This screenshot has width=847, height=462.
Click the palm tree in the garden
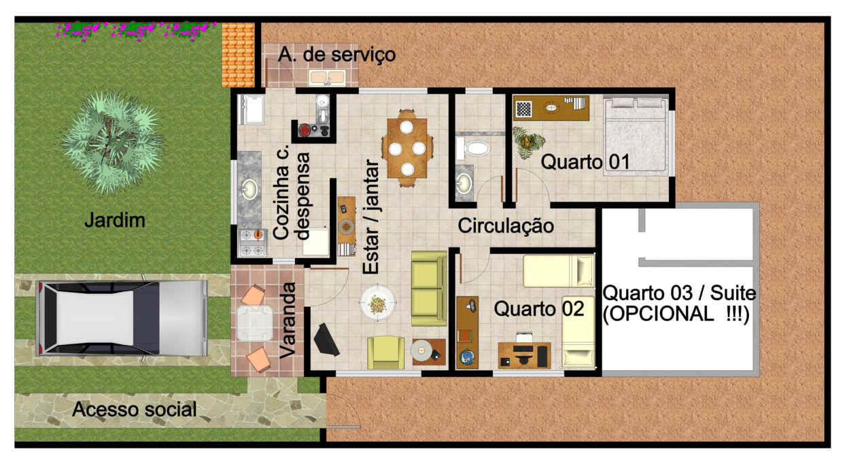pyautogui.click(x=112, y=143)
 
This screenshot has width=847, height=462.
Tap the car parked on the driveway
pyautogui.click(x=122, y=318)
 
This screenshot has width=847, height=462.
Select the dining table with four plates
pyautogui.click(x=407, y=148)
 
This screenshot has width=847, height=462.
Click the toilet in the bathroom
pyautogui.click(x=472, y=148)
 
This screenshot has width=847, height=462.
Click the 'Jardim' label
pyautogui.click(x=115, y=220)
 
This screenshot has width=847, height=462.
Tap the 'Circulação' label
pyautogui.click(x=506, y=226)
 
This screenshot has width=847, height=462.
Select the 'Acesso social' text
pyautogui.click(x=134, y=410)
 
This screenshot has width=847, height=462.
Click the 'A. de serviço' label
pyautogui.click(x=336, y=55)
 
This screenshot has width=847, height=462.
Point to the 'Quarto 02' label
pyautogui.click(x=539, y=309)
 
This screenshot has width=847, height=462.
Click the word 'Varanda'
pyautogui.click(x=288, y=320)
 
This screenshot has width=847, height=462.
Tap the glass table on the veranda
pyautogui.click(x=254, y=323)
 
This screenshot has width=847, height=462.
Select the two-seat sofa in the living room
pyautogui.click(x=429, y=288)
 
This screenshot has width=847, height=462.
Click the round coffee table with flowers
pyautogui.click(x=377, y=303)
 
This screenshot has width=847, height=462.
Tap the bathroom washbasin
pyautogui.click(x=464, y=182)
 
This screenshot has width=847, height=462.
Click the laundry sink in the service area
pyautogui.click(x=327, y=78)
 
